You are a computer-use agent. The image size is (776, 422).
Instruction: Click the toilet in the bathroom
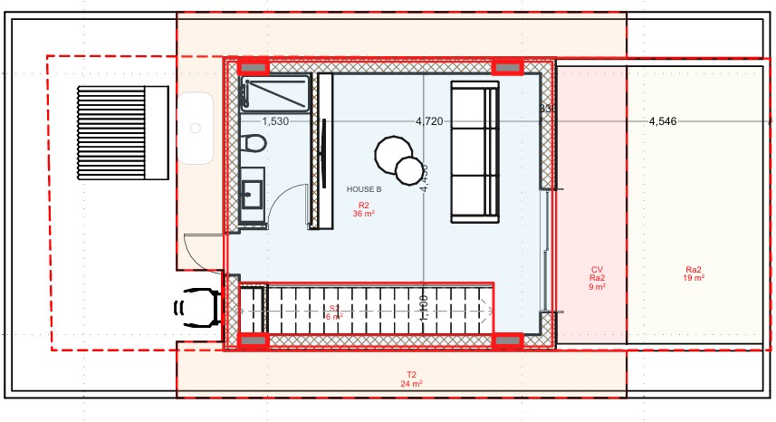coord(254,143)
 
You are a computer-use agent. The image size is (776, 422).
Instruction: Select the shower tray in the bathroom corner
coord(275,94)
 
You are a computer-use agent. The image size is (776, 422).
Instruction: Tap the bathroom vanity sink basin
coord(252,193)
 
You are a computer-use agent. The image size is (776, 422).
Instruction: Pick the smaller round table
coord(411,169)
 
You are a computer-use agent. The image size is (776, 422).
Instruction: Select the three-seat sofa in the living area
coord(475,150)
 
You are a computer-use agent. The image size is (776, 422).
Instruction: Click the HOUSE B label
coord(364,189)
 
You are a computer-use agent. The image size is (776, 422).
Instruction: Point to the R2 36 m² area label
coord(364,210)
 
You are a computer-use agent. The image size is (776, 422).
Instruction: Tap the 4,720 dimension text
coord(429,120)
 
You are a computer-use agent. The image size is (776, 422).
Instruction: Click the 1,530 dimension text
coord(275,120)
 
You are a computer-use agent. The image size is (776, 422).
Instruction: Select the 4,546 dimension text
coord(663,120)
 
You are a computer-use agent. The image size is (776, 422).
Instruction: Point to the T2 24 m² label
coord(411,379)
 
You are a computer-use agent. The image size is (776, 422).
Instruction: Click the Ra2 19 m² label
coord(695,274)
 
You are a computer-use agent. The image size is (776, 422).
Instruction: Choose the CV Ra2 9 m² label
coord(597,278)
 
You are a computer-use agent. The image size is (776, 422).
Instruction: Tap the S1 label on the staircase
coord(334,312)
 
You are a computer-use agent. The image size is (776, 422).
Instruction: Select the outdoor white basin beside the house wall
coord(195,129)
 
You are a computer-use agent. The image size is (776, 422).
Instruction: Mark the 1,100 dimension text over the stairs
coord(423,308)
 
